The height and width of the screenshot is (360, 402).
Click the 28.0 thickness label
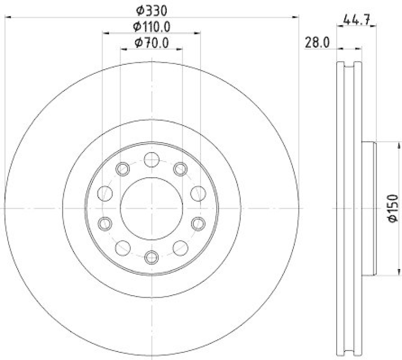[317, 43]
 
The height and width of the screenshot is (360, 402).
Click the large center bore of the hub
[151, 208]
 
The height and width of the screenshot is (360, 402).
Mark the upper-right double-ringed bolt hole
[180, 169]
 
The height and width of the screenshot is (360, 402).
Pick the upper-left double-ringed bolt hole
[123, 169]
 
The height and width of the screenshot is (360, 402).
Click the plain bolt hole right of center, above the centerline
[199, 193]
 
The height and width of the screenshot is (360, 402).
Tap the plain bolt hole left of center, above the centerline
[104, 193]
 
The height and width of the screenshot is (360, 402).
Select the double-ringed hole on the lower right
[199, 223]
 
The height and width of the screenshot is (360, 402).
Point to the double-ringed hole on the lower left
[104, 223]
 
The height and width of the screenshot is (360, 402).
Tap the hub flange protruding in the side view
[369, 208]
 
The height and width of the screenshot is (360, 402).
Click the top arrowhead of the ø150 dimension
[387, 145]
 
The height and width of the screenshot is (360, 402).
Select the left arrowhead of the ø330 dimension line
[8, 18]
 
